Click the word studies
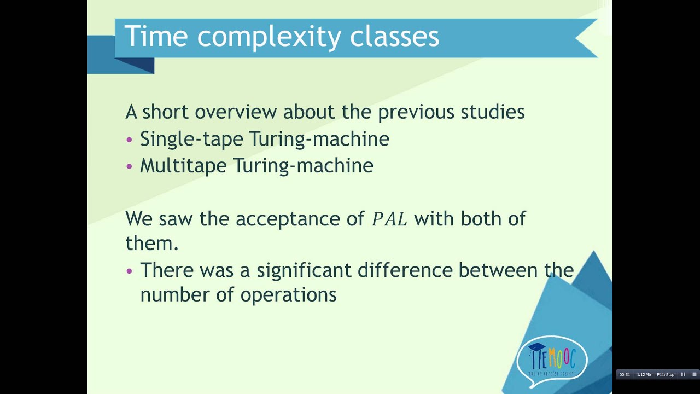[x=492, y=112]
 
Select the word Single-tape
[x=191, y=139]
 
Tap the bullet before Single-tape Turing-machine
[x=129, y=140]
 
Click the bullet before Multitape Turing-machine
[x=129, y=166]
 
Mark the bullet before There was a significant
[x=129, y=271]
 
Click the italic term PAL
[x=389, y=219]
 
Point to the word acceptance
[x=290, y=219]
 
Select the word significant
[x=305, y=271]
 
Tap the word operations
[x=288, y=296]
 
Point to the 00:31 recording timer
[x=625, y=375]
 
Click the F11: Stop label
[x=666, y=375]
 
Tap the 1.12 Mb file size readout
[x=644, y=375]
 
